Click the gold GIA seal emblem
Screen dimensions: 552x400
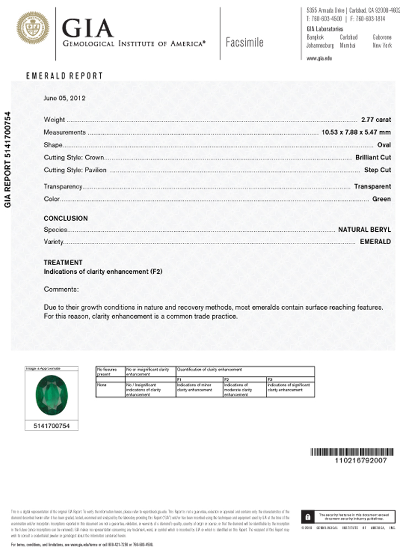coord(33,29)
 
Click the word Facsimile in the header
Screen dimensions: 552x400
coord(244,43)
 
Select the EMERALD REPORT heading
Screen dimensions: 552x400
coord(65,76)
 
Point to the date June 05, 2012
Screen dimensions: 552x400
coord(65,98)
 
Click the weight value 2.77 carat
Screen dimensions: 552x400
coord(376,120)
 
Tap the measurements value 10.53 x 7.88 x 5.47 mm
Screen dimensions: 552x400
coord(356,132)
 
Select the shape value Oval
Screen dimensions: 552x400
coord(383,145)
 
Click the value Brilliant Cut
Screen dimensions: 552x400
coord(373,158)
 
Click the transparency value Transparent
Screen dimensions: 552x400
coord(372,187)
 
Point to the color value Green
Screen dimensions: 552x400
coord(381,199)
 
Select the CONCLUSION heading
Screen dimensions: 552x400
coord(66,219)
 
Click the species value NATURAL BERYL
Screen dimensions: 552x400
coord(364,230)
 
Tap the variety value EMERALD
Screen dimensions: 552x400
coord(375,242)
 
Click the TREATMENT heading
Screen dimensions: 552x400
coord(63,263)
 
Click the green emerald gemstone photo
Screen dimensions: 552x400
coord(52,396)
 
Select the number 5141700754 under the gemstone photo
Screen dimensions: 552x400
coord(52,426)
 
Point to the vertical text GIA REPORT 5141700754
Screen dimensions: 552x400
coord(8,160)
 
